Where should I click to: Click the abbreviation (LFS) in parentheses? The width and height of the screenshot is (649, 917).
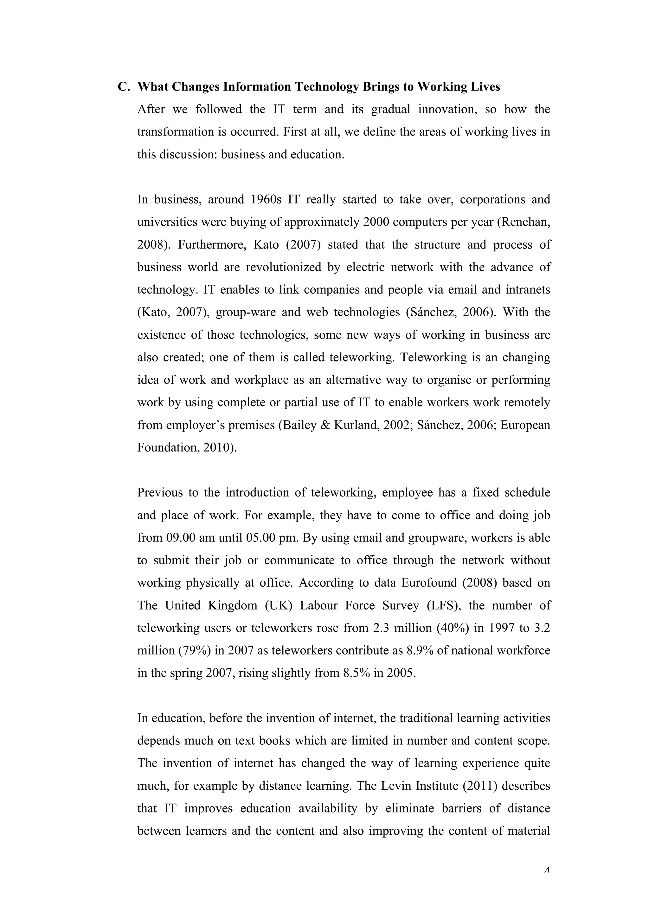click(444, 605)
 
